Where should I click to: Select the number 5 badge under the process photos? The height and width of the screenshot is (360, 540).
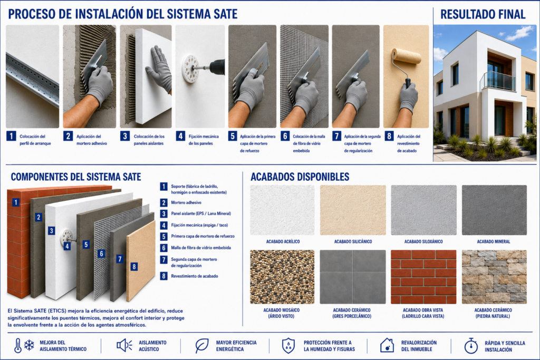click(x=233, y=137)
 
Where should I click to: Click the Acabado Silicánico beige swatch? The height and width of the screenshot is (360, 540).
click(x=353, y=210)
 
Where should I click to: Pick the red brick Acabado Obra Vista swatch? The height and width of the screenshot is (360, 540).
click(x=423, y=277)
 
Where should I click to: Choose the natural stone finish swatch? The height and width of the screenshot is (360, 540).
click(x=494, y=277)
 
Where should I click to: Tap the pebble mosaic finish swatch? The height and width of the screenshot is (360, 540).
click(x=283, y=277)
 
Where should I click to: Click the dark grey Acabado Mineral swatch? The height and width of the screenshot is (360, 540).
click(x=494, y=210)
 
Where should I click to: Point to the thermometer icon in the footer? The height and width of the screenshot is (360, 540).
click(x=18, y=346)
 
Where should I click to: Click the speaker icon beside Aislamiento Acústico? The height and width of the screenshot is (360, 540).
click(x=124, y=345)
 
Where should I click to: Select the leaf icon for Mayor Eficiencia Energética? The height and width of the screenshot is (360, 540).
click(x=202, y=346)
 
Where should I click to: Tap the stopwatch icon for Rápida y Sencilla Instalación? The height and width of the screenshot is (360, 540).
click(x=471, y=346)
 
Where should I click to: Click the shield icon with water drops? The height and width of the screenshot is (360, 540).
click(x=288, y=346)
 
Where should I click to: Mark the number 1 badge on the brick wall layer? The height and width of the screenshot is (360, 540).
click(x=16, y=202)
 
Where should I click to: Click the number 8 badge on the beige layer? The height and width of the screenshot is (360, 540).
click(x=134, y=266)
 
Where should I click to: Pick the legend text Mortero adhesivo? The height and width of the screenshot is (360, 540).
click(x=186, y=203)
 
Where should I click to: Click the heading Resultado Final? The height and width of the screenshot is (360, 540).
click(x=483, y=14)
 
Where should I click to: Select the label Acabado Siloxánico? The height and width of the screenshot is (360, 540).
click(x=423, y=241)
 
